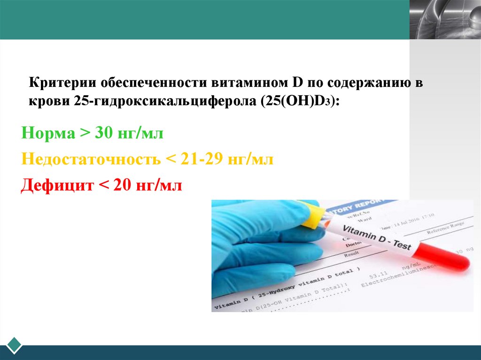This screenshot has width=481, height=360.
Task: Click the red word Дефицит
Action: pos(56,186)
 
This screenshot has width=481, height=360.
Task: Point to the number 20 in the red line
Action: pos(124,186)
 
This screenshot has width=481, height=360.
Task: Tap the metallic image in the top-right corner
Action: pos(445,19)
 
